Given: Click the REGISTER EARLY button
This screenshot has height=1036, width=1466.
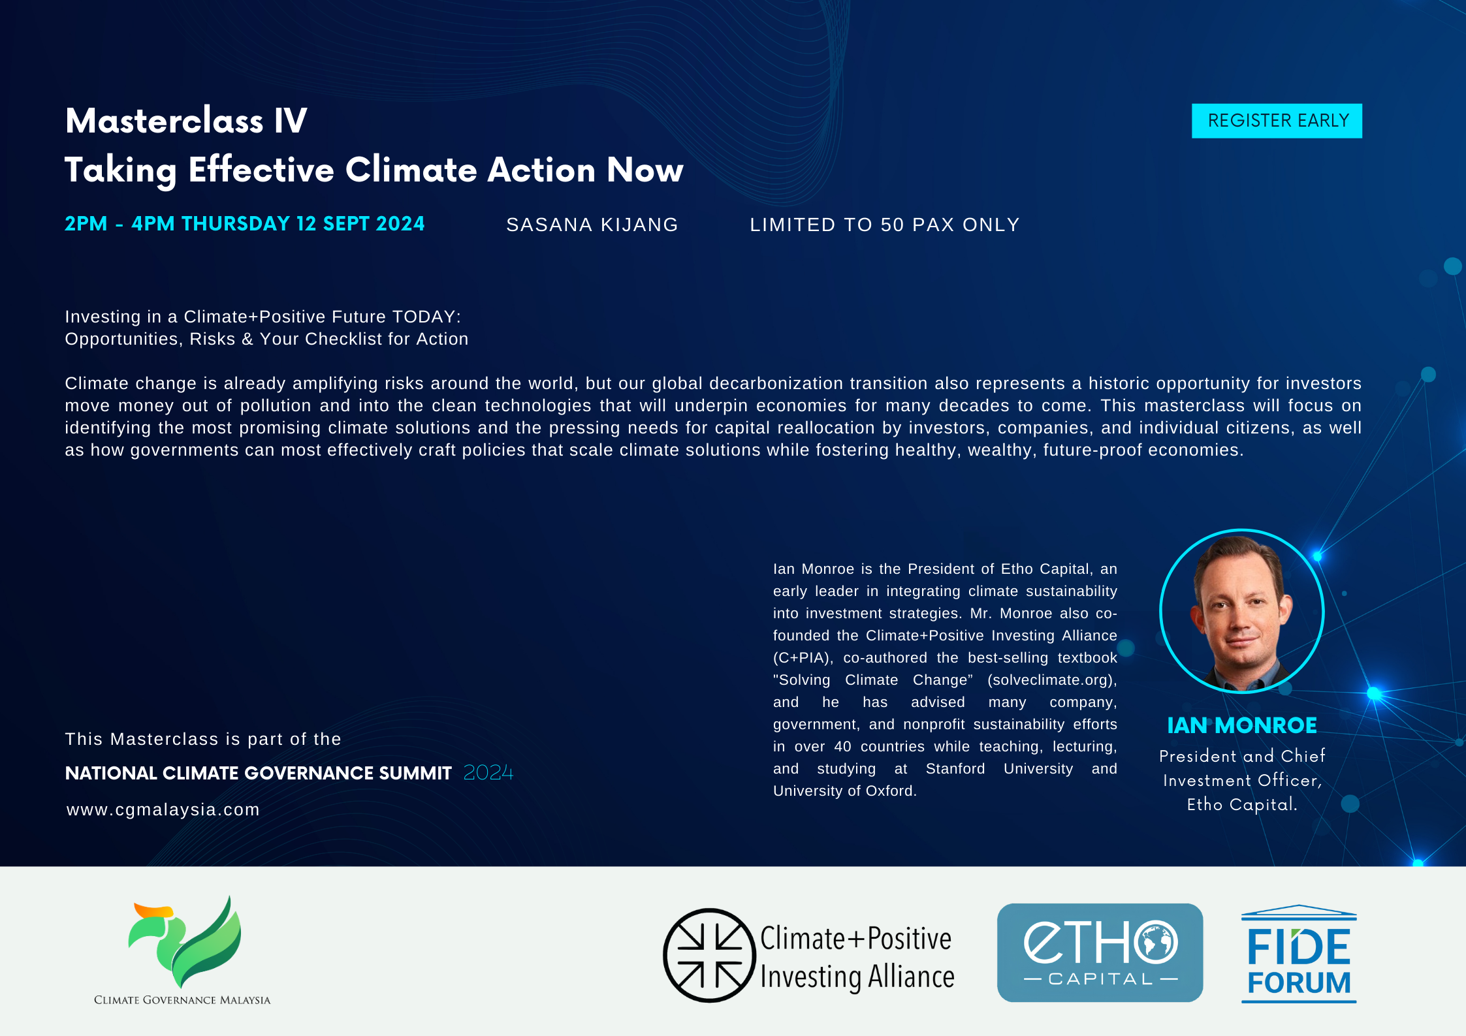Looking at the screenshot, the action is tap(1277, 121).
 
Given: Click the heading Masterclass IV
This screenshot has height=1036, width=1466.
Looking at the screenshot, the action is tap(186, 121).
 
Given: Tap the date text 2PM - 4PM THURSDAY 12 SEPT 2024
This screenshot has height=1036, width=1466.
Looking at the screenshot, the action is tap(244, 224).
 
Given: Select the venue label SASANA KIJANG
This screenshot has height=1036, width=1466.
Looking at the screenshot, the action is tap(592, 225).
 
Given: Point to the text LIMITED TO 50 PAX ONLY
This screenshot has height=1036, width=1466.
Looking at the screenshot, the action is tap(885, 225).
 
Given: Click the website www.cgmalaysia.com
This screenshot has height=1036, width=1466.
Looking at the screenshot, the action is tap(163, 809).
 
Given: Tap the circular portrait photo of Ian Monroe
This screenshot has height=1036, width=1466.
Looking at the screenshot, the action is tap(1241, 611).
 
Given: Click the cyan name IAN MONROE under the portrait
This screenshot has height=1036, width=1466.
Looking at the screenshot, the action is tap(1241, 725).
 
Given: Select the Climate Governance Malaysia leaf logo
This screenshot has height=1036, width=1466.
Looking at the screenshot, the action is tap(185, 941).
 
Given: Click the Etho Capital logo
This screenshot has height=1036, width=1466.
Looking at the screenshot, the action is tap(1100, 952).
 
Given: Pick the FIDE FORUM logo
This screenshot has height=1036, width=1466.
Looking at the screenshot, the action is tap(1299, 954).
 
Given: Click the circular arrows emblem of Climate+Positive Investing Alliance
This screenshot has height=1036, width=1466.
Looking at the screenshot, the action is tap(709, 955).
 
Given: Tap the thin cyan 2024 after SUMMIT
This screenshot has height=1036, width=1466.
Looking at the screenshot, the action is tap(488, 773).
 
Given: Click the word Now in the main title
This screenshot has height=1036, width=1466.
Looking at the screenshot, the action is tap(645, 170).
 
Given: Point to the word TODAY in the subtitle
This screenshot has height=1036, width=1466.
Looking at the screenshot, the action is tap(424, 317).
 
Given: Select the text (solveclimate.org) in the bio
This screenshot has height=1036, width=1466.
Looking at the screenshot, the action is tap(1052, 680).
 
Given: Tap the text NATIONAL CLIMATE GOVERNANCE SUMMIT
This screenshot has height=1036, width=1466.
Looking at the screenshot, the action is tap(259, 773).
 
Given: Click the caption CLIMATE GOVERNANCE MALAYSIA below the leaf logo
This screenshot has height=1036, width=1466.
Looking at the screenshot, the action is tap(182, 1000).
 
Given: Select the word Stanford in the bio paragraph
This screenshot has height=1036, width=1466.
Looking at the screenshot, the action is tap(955, 769).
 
